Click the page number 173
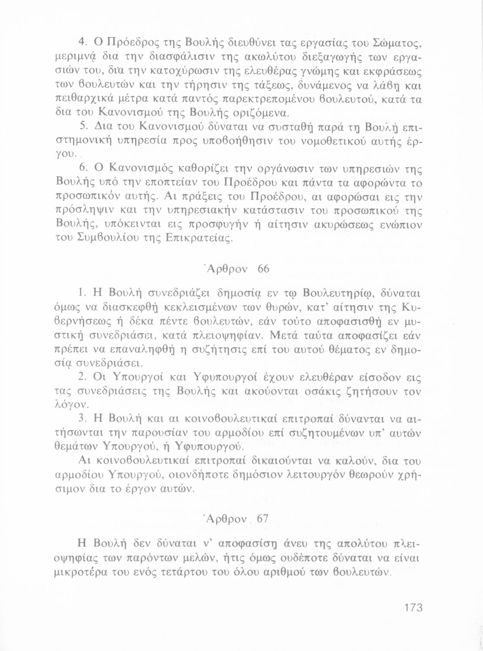(413, 607)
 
